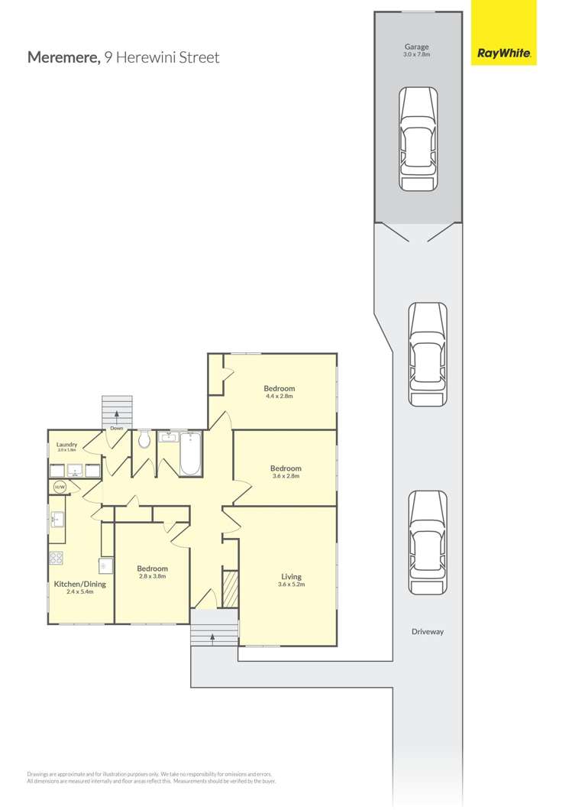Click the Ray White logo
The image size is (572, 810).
point(504,53)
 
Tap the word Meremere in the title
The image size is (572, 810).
point(63,57)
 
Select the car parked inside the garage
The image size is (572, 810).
point(418,138)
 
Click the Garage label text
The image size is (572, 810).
point(417,47)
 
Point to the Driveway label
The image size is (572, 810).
point(427,632)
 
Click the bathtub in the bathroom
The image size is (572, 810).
point(191,455)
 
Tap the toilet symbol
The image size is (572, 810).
point(144,439)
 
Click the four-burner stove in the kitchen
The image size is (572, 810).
point(56,558)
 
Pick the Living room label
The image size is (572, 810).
point(291,577)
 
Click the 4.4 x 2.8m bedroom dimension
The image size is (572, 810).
point(280,397)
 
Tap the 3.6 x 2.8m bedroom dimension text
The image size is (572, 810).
point(286,476)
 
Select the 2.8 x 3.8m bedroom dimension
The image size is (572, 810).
point(152,576)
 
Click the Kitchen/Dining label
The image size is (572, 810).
point(79,585)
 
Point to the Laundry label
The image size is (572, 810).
point(66,444)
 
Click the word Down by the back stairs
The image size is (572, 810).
point(116,428)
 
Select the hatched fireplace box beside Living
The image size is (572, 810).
point(229,588)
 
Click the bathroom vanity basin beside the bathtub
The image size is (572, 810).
point(168,438)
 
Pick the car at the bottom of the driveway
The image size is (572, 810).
point(427,542)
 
